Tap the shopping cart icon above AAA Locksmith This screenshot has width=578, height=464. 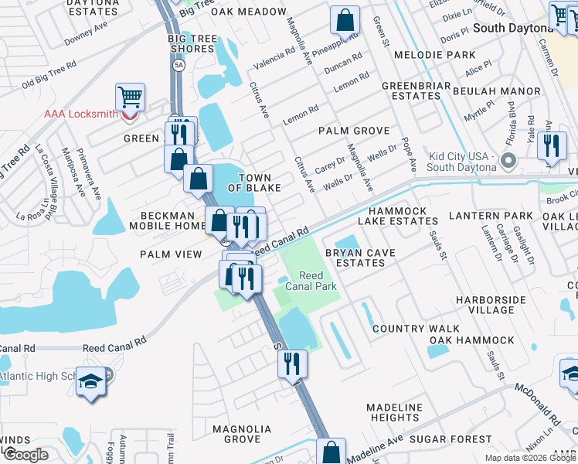tap(130, 97)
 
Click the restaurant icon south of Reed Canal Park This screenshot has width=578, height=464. tap(292, 363)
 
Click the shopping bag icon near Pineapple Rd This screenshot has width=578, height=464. tap(345, 19)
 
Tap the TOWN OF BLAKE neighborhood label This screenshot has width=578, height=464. tap(254, 183)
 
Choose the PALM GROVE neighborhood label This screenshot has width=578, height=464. tap(355, 131)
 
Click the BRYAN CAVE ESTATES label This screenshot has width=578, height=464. tap(355, 258)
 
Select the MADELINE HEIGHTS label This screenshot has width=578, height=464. tap(394, 412)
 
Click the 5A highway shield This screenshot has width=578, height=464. tap(179, 65)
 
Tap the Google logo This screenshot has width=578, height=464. tap(25, 454)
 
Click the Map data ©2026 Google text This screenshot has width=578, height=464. tap(529, 458)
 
